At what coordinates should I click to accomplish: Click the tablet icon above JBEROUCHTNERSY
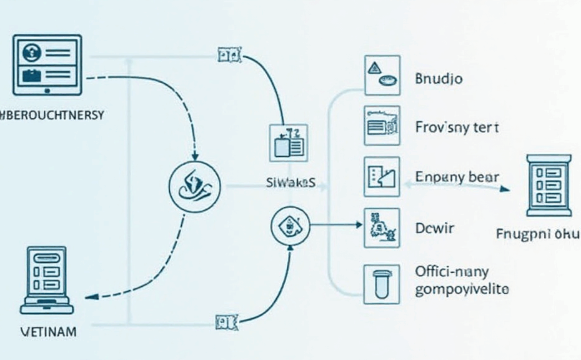tap(47, 64)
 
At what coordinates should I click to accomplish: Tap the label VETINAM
tap(47, 332)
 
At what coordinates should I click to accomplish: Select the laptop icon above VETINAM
tap(47, 279)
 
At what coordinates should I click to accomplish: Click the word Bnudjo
tap(439, 79)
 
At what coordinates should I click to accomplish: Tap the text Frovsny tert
tap(457, 127)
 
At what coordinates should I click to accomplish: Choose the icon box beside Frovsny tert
tap(382, 124)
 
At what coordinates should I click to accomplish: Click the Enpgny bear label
tap(457, 177)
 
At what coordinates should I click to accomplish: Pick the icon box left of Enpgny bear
tap(382, 176)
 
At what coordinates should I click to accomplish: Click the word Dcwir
tap(435, 228)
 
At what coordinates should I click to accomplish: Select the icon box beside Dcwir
tap(382, 227)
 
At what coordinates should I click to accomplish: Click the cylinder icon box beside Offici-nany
tap(382, 284)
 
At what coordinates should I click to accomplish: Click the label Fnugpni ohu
tap(538, 234)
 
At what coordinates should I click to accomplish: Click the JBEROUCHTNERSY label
tap(52, 116)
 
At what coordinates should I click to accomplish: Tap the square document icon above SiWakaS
tap(288, 143)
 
